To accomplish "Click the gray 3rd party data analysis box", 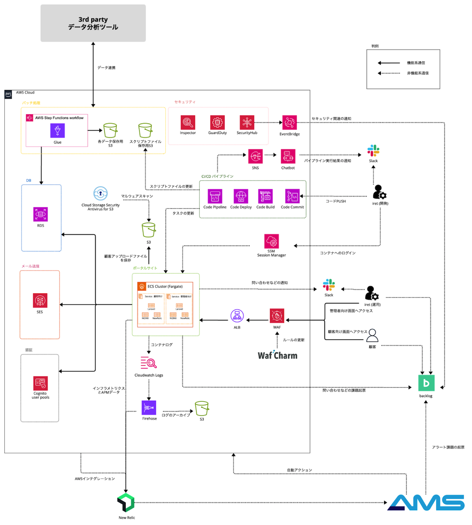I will [x=93, y=23].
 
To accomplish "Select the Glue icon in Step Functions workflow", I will [x=57, y=131].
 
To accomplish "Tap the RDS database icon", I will [x=41, y=214].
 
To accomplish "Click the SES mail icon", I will [x=40, y=301].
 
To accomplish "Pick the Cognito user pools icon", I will [x=41, y=383].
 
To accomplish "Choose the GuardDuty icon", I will [x=217, y=123].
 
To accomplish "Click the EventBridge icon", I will [x=289, y=123].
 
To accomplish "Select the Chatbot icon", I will [x=288, y=157].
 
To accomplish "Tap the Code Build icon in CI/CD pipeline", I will [x=265, y=196].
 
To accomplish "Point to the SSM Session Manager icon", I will [x=271, y=241].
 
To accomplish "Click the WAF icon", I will [x=277, y=316].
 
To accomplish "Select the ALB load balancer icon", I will [x=237, y=316].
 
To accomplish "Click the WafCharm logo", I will [x=277, y=355].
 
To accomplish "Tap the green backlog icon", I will [x=426, y=383].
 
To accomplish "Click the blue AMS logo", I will [x=426, y=503].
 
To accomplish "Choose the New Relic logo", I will [x=126, y=502].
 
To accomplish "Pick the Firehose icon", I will [x=149, y=408].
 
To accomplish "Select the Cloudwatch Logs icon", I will [x=149, y=363].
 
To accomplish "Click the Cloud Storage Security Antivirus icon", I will [x=100, y=193].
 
